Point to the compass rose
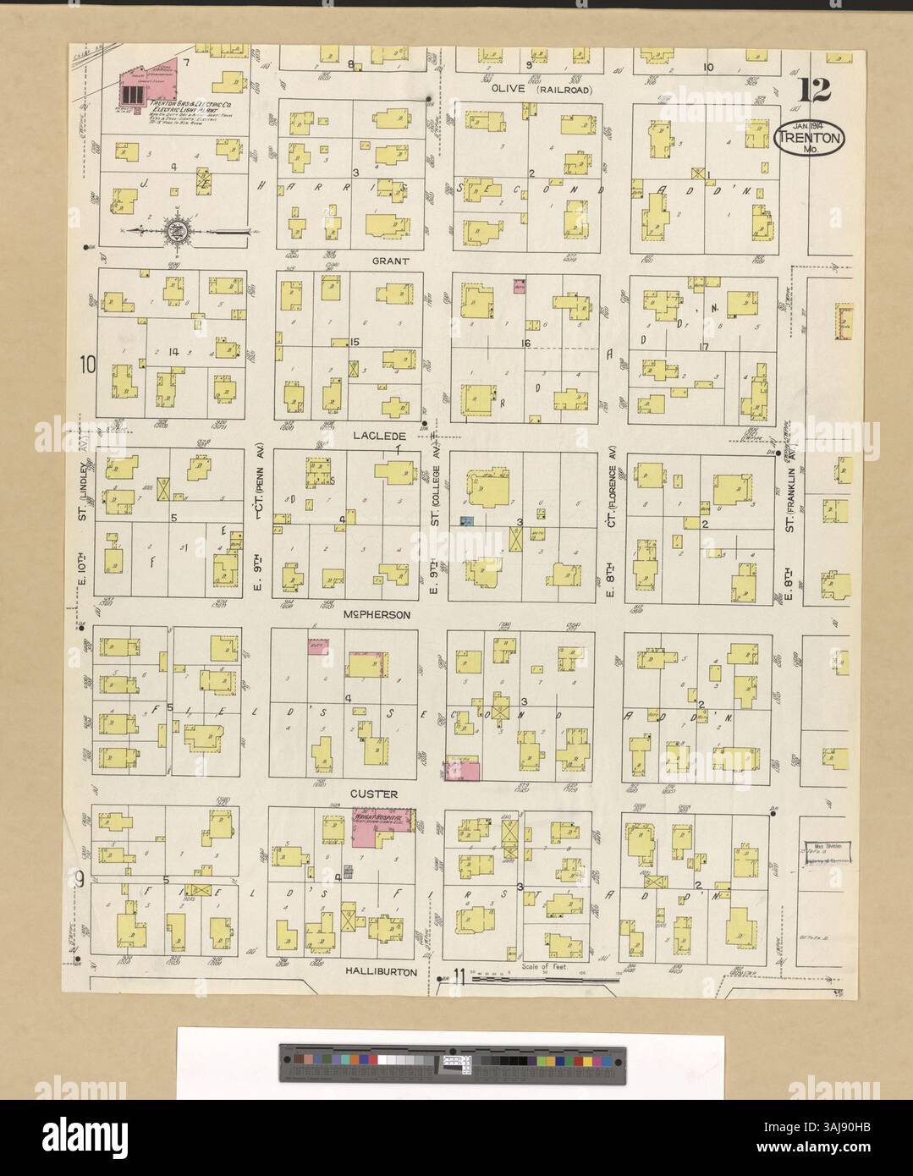176,229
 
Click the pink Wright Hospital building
381,825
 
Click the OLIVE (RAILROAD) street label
542,89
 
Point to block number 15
355,342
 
